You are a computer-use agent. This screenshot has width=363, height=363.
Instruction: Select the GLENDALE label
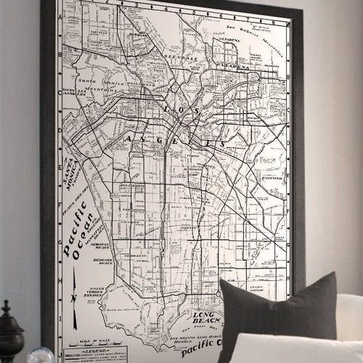[181, 57]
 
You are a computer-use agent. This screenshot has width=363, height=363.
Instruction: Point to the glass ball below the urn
[40, 356]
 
